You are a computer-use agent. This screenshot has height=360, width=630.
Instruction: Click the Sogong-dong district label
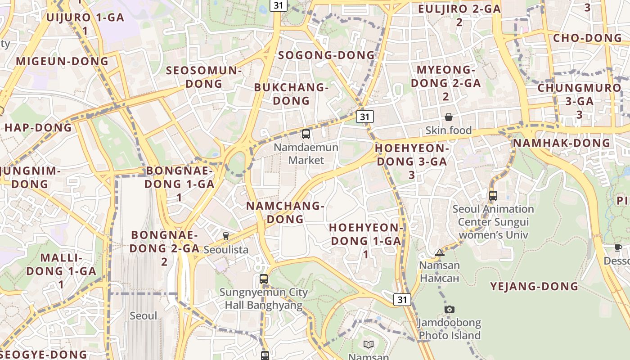click(326, 55)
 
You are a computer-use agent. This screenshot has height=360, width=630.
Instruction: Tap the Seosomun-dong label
click(204, 77)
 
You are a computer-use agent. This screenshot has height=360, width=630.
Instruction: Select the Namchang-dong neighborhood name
click(285, 212)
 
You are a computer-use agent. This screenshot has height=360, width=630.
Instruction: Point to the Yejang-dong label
click(534, 286)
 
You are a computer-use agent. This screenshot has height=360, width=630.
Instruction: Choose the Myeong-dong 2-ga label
click(445, 83)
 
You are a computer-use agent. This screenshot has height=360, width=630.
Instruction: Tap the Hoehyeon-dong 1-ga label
click(366, 241)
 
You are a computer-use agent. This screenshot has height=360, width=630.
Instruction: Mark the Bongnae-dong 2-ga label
click(165, 248)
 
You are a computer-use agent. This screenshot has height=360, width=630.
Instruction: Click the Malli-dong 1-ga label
click(61, 271)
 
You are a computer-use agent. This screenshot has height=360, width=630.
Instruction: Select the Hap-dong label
click(38, 127)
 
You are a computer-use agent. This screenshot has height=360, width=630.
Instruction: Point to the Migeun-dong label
click(62, 61)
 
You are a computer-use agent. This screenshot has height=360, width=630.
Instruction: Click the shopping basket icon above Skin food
click(449, 117)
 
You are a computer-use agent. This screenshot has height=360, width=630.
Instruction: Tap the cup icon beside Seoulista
click(226, 236)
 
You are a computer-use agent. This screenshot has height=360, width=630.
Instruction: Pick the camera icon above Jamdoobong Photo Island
click(449, 309)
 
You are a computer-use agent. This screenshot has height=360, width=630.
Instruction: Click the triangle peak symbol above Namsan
click(440, 252)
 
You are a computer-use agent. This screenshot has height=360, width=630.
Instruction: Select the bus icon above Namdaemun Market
click(306, 134)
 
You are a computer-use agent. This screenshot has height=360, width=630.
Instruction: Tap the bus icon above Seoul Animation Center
click(493, 195)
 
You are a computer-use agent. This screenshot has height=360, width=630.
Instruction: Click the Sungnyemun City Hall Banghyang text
click(264, 298)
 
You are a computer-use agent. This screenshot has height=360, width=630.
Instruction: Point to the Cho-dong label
click(587, 38)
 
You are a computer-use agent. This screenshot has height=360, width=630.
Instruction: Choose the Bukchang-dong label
click(291, 94)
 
